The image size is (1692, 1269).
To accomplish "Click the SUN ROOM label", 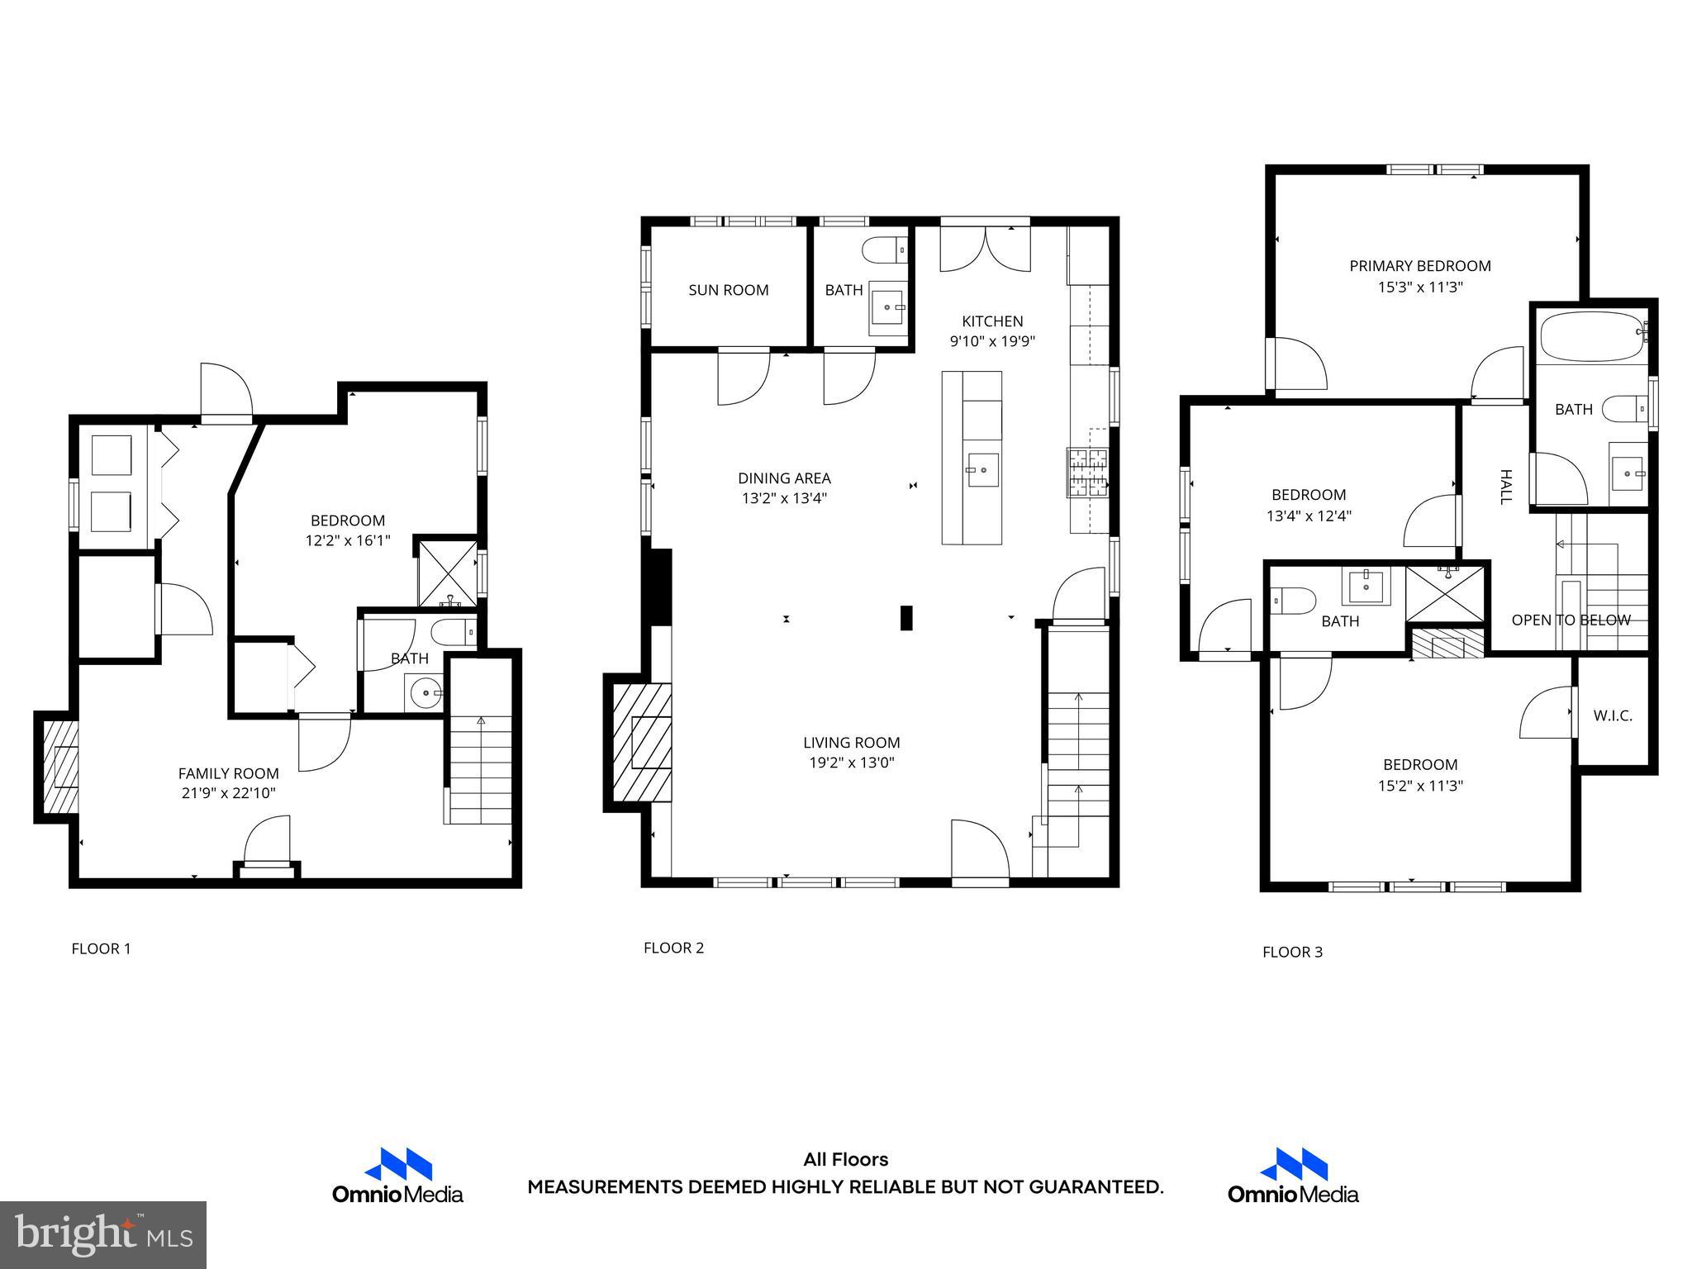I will [x=728, y=290].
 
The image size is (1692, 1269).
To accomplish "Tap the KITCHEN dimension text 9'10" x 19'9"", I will [x=992, y=341].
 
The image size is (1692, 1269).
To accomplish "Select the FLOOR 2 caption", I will [x=673, y=948].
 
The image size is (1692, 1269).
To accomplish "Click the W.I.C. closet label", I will [x=1613, y=715].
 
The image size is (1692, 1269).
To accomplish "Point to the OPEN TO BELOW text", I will [x=1571, y=620].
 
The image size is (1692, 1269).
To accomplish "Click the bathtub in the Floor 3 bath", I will [x=1591, y=336].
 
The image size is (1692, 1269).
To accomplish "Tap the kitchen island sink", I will [x=982, y=470].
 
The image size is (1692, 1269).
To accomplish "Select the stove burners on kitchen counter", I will [x=1089, y=472].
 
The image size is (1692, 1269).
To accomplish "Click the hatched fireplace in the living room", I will [x=642, y=743].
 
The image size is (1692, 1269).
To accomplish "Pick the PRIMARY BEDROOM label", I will [x=1419, y=266].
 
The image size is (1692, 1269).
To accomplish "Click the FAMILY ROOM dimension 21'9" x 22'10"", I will [x=229, y=793].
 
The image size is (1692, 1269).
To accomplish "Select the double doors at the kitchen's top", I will [x=985, y=249].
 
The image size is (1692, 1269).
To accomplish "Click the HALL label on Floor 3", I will [x=1505, y=487].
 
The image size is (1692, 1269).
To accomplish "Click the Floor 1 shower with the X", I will [x=445, y=572].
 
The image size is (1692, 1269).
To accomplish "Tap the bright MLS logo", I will [x=103, y=1234].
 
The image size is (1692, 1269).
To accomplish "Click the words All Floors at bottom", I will [x=845, y=1159].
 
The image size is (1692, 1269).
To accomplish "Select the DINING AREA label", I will [x=783, y=478].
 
